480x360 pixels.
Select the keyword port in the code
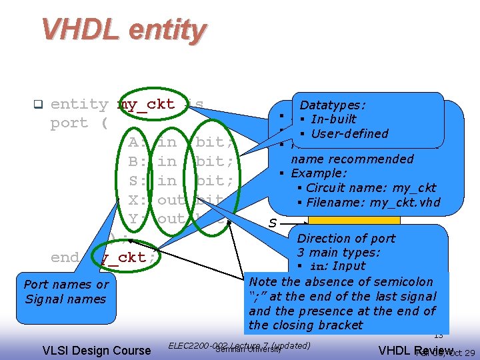69,123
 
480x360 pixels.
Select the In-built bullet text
333,119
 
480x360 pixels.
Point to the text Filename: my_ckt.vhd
373,202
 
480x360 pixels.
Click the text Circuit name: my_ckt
371,187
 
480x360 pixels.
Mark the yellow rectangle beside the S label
354,221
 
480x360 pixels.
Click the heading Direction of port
346,239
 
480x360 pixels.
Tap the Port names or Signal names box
65,291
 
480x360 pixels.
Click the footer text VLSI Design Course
97,350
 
